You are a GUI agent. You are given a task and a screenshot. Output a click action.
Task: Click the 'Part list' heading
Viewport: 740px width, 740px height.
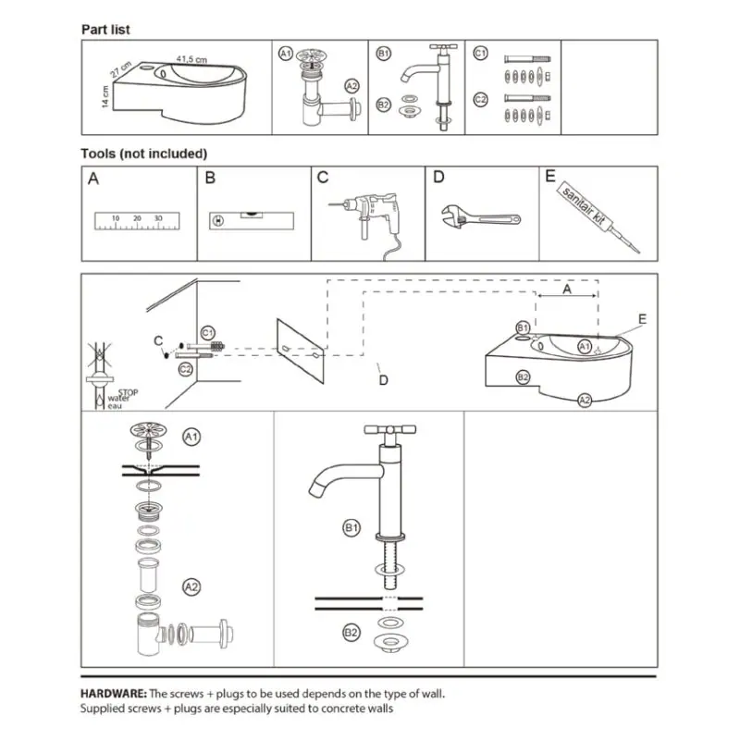click(x=105, y=30)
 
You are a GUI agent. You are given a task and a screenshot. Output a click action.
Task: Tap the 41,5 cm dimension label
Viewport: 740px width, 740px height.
click(x=191, y=59)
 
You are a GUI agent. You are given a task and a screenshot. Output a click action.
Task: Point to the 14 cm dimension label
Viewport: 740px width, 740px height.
click(x=105, y=96)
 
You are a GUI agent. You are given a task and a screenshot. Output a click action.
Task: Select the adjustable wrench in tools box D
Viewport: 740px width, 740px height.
click(x=480, y=217)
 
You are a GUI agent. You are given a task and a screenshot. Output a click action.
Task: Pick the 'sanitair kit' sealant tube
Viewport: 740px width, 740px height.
click(x=598, y=217)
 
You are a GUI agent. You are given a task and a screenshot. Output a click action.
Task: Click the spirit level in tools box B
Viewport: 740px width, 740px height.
click(x=252, y=221)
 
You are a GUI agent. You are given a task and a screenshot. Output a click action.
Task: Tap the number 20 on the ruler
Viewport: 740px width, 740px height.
click(x=137, y=218)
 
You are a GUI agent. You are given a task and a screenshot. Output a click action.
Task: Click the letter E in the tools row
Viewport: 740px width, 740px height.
click(x=550, y=176)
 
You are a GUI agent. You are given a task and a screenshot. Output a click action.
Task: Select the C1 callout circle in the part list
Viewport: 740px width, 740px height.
click(x=480, y=54)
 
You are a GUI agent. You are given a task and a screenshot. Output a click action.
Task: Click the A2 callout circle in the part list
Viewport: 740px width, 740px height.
click(x=352, y=86)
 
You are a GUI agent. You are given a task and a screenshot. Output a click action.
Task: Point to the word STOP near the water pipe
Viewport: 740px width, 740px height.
click(x=128, y=392)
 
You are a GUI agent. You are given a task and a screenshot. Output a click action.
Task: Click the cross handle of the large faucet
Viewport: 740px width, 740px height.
click(x=389, y=430)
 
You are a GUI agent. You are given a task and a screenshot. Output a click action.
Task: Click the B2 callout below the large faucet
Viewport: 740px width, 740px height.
click(x=351, y=633)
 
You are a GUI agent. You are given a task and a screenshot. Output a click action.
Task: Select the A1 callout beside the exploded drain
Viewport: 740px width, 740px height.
click(x=191, y=437)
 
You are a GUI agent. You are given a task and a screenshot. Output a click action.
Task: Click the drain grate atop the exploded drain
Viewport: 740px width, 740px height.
click(x=149, y=429)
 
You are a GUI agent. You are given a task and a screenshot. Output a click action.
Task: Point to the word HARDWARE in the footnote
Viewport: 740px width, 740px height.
click(x=114, y=693)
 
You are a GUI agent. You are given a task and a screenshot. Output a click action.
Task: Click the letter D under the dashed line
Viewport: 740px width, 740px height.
click(x=384, y=380)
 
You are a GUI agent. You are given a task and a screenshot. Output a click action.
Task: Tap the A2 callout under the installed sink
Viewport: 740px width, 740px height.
click(x=585, y=401)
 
